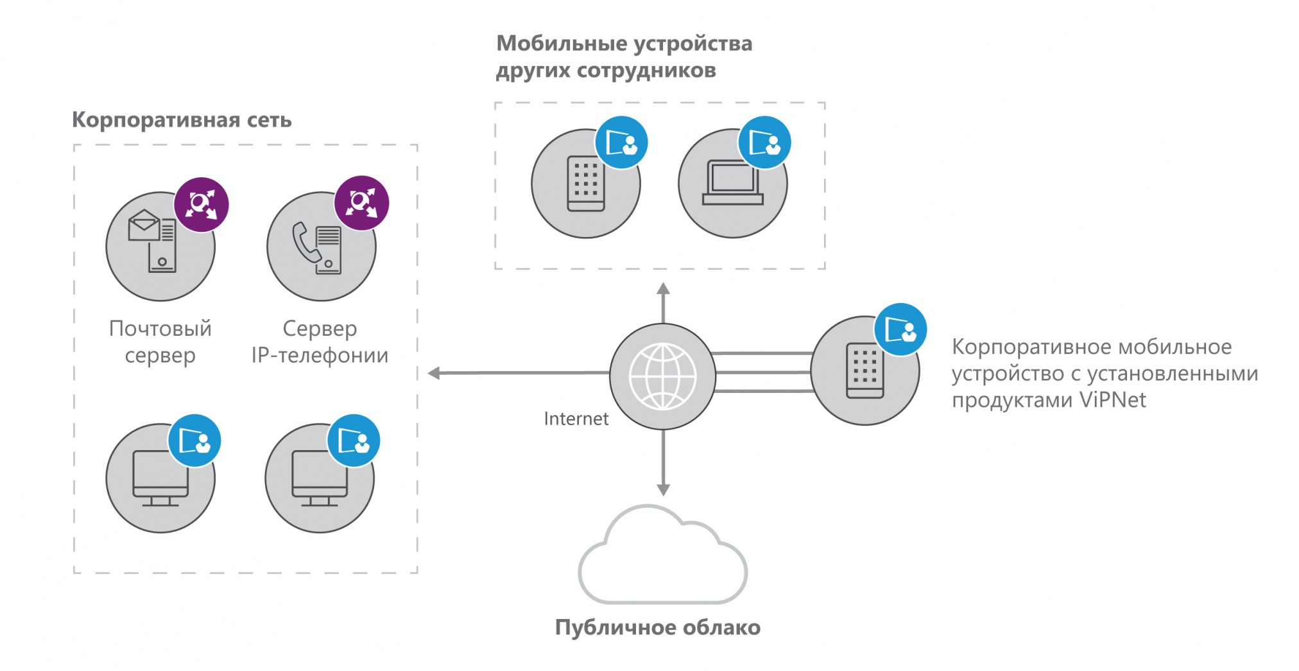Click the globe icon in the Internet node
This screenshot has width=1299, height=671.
pyautogui.click(x=662, y=376)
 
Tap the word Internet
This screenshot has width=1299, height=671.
pyautogui.click(x=576, y=419)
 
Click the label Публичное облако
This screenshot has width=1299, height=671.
pyautogui.click(x=657, y=627)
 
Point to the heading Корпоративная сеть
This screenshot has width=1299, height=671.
pyautogui.click(x=182, y=120)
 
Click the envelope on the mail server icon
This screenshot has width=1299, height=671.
pyautogui.click(x=144, y=225)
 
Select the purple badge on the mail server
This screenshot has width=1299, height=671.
pyautogui.click(x=202, y=204)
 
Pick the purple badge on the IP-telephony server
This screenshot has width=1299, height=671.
pyautogui.click(x=361, y=203)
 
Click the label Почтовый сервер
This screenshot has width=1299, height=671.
pyautogui.click(x=160, y=342)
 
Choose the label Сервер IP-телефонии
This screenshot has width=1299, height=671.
pyautogui.click(x=320, y=342)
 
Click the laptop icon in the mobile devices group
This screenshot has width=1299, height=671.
pyautogui.click(x=732, y=183)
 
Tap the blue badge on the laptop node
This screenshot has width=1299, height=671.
pyautogui.click(x=764, y=143)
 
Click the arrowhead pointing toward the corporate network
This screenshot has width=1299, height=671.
pyautogui.click(x=434, y=373)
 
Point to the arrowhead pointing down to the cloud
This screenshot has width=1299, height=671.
pyautogui.click(x=663, y=490)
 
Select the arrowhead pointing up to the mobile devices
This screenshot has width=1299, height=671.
pyautogui.click(x=663, y=289)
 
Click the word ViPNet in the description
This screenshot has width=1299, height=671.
pyautogui.click(x=1112, y=400)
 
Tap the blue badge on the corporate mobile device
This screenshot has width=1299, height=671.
pyautogui.click(x=900, y=330)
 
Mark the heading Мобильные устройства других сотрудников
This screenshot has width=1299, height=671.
pyautogui.click(x=624, y=57)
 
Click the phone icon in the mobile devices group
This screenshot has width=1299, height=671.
pyautogui.click(x=585, y=184)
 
